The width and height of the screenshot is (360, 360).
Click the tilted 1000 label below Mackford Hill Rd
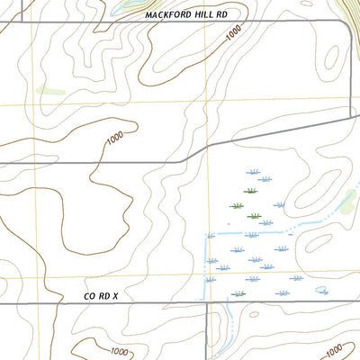(x=234, y=33)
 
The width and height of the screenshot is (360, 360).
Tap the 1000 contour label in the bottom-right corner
(x=333, y=348)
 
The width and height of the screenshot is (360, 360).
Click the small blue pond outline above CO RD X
(x=322, y=290)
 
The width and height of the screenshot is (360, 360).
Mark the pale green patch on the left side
(x=49, y=90)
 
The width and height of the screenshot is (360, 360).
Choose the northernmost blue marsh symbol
(x=254, y=171)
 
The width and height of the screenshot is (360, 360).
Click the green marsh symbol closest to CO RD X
(x=238, y=293)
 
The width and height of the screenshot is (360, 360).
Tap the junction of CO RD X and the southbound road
(x=208, y=303)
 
